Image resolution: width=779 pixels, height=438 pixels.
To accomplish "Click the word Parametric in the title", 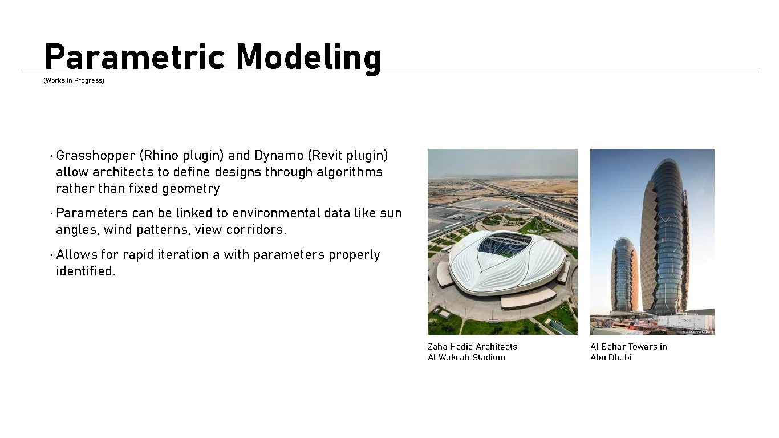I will point(136,57).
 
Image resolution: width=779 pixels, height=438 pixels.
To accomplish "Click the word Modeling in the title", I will point(309,58).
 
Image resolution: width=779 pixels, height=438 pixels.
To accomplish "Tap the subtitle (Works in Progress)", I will point(74,80).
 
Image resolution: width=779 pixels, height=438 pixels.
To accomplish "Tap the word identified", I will point(86,271).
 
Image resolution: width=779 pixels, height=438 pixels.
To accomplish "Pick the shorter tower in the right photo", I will point(624,274).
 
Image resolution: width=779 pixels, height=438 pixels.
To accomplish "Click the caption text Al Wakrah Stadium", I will point(466,358).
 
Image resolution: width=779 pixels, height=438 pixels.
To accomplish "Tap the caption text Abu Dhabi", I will point(611,358).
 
